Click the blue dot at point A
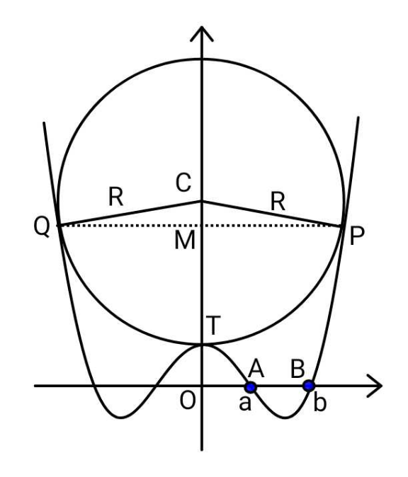click(251, 387)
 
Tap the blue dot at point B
click(309, 386)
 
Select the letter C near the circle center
click(183, 183)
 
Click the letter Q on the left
click(42, 226)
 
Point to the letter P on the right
click(356, 236)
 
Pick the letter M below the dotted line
click(185, 241)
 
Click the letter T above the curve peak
click(213, 326)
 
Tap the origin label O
click(187, 401)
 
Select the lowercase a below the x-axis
click(245, 403)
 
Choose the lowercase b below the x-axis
click(319, 401)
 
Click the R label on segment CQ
click(115, 197)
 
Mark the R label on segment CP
click(278, 202)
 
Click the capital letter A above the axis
click(256, 369)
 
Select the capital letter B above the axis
click(297, 369)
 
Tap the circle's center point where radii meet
click(202, 201)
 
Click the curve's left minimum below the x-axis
click(121, 418)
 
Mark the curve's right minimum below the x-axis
click(285, 418)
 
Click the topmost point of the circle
click(202, 59)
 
